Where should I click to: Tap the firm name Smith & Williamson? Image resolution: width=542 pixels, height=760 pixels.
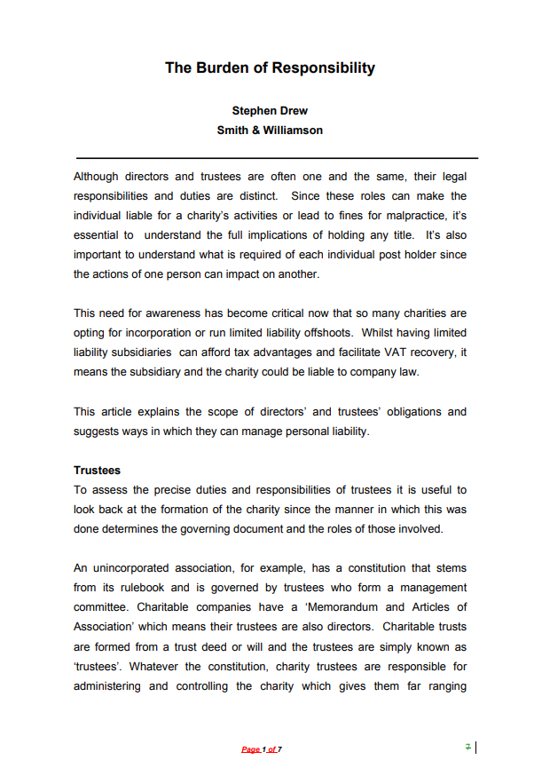[270, 130]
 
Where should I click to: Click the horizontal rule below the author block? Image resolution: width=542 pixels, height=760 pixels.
[276, 158]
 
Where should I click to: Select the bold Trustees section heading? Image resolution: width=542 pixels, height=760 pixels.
[97, 471]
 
